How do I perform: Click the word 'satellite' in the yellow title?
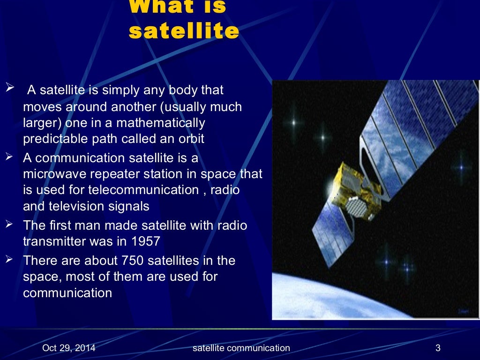[x=183, y=31]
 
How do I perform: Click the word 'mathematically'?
[x=161, y=123]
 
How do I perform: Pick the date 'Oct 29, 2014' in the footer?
[x=69, y=348]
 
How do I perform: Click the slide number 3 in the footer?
[x=438, y=348]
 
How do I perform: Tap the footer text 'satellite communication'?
[x=241, y=348]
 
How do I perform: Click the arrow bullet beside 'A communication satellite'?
[x=9, y=157]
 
